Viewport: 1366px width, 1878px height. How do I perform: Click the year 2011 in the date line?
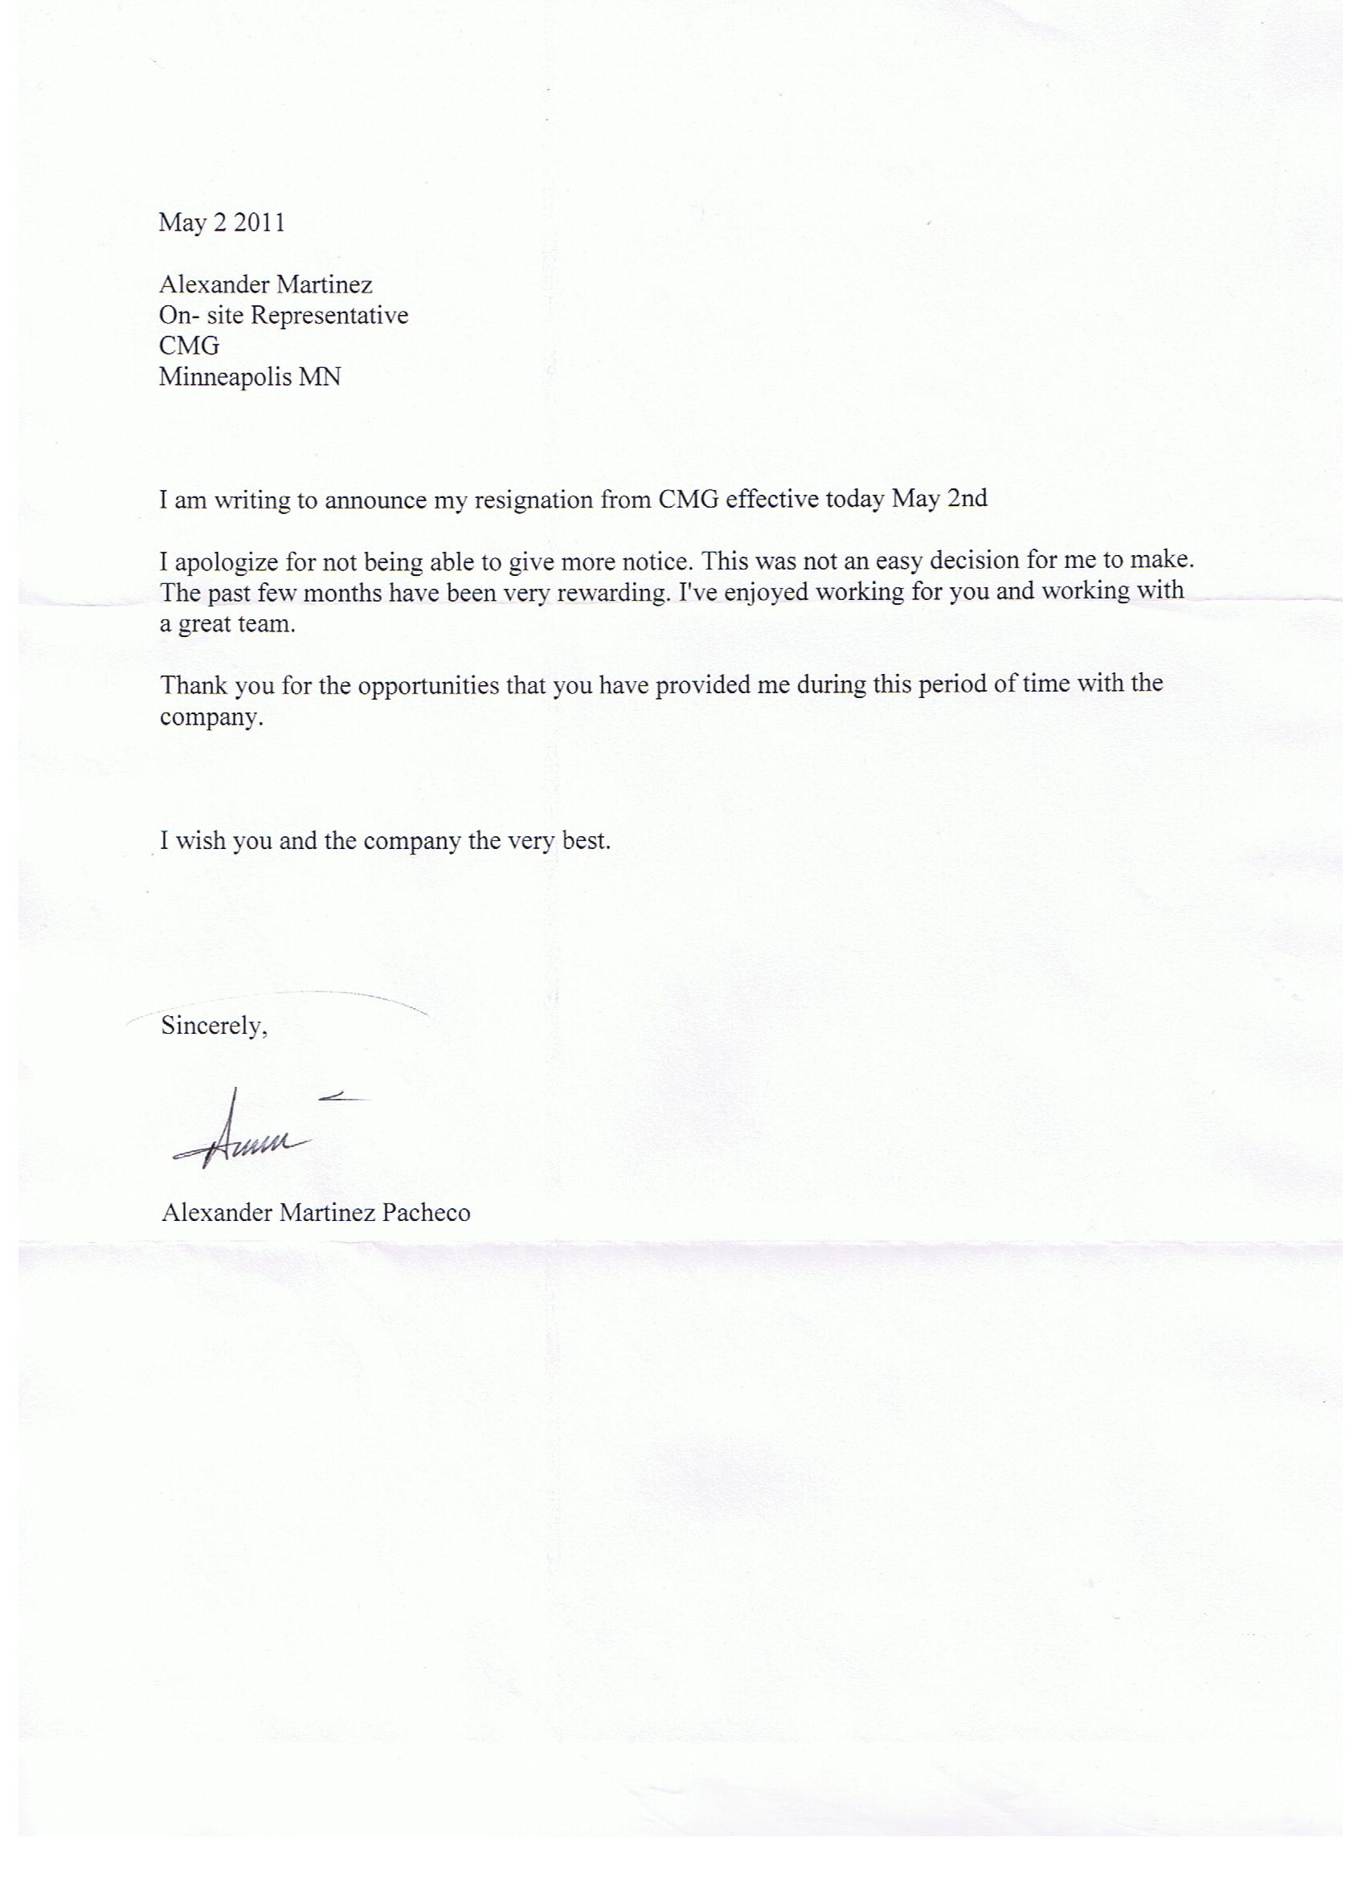click(259, 223)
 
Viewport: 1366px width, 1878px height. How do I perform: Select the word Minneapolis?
click(220, 378)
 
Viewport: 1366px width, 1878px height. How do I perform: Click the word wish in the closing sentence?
click(199, 841)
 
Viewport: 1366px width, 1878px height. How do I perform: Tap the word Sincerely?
click(213, 1027)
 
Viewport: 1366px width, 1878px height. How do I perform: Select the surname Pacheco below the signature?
click(426, 1213)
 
